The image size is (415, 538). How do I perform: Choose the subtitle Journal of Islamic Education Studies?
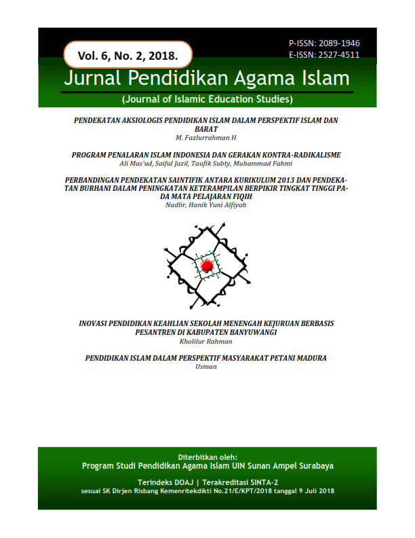(x=207, y=100)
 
